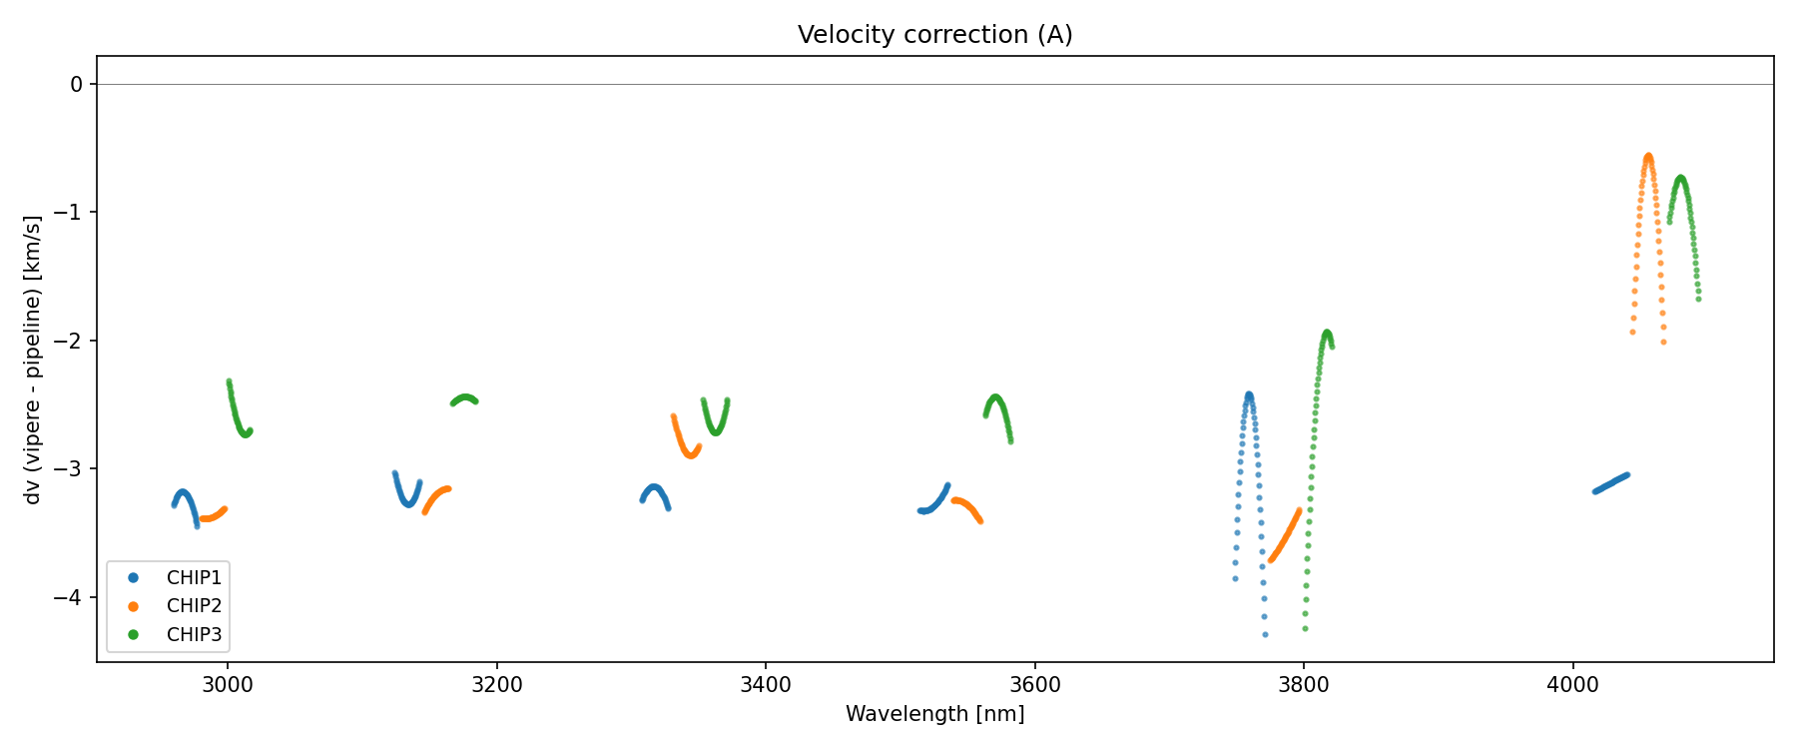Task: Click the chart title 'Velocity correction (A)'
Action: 934,35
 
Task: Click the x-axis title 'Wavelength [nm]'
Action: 934,714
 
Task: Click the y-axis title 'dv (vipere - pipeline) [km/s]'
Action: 33,360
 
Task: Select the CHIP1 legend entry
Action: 194,577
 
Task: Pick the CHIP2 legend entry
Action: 194,606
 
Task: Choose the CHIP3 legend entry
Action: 194,635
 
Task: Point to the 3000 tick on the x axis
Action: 227,684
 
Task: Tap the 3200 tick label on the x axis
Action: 496,684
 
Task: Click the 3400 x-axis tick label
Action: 766,684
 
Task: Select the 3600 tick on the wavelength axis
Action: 1034,684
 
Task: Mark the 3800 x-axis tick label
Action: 1304,684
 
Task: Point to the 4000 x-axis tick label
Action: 1572,684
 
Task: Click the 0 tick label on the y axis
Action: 77,85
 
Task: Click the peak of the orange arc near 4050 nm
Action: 1648,156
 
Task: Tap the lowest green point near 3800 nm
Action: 1305,629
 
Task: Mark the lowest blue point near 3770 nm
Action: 1265,634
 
